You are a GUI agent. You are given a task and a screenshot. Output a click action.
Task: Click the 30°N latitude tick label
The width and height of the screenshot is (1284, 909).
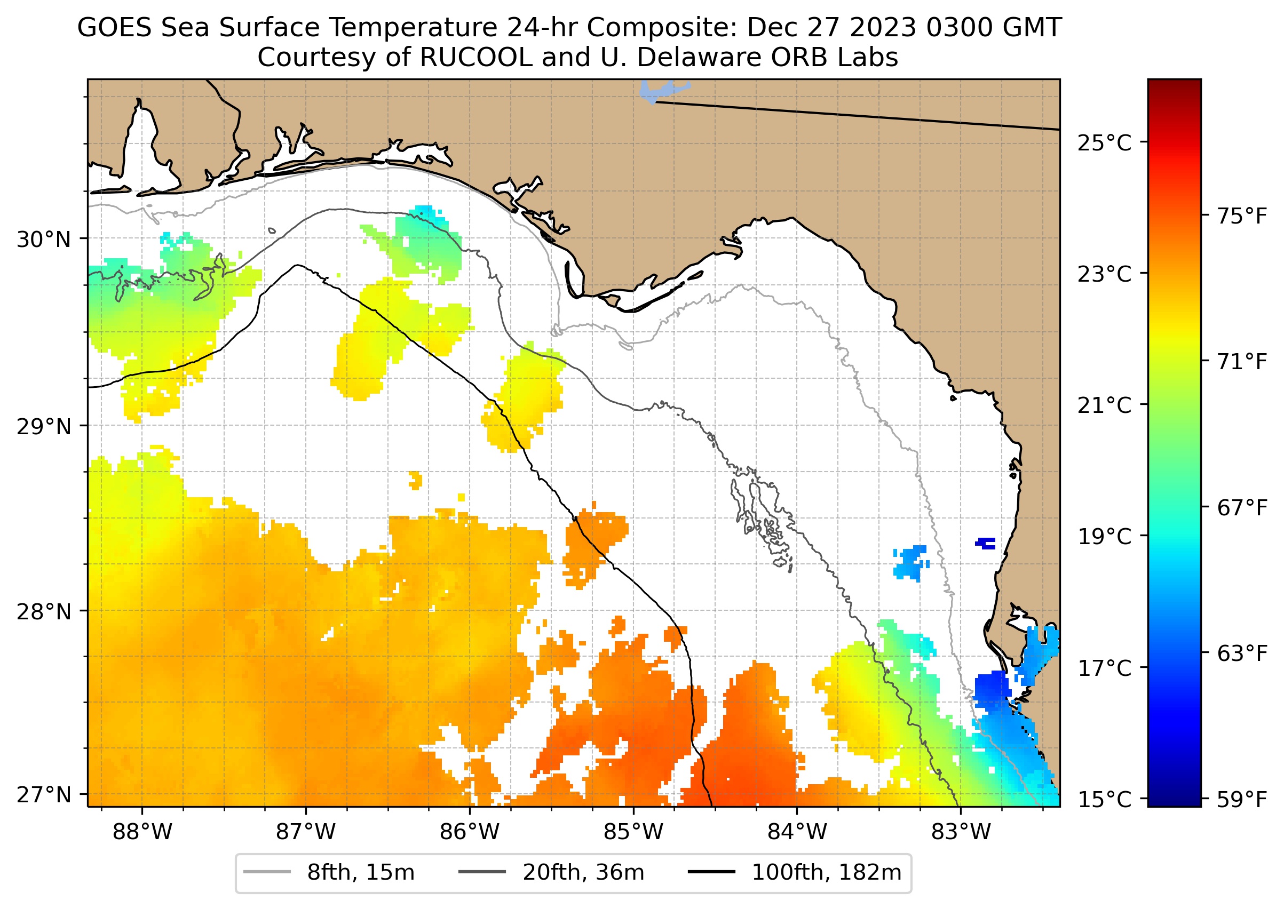pyautogui.click(x=44, y=240)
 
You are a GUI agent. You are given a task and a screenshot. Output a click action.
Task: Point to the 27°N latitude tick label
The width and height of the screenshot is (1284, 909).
pyautogui.click(x=44, y=795)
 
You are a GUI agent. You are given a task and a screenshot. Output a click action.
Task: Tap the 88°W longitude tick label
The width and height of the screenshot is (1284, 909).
pyautogui.click(x=142, y=832)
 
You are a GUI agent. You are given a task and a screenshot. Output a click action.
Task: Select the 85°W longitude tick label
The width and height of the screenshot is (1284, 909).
pyautogui.click(x=633, y=832)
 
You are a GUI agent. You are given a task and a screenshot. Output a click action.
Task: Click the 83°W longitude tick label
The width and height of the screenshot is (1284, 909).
pyautogui.click(x=961, y=832)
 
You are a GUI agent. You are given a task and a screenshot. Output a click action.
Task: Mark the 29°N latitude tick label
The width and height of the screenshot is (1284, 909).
pyautogui.click(x=44, y=427)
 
